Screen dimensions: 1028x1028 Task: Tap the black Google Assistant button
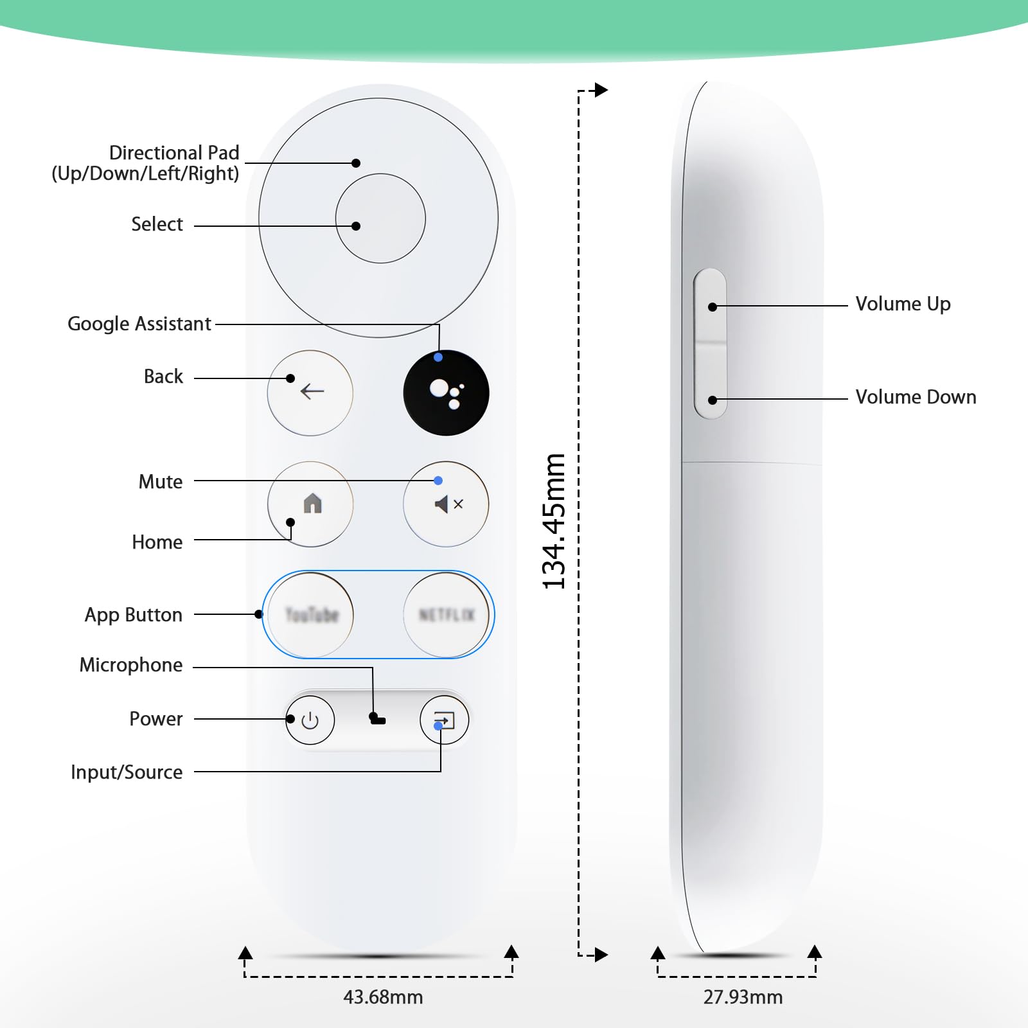coord(446,393)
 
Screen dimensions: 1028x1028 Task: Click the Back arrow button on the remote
coord(310,393)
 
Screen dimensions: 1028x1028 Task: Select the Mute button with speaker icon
coord(446,504)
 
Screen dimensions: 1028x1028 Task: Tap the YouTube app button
coord(311,615)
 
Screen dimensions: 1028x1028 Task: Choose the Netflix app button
coord(446,615)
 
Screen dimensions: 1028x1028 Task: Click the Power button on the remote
coord(310,720)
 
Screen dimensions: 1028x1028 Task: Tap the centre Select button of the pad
coord(380,218)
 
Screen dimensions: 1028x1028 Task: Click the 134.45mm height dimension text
coord(554,521)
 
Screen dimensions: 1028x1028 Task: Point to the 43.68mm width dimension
coord(383,997)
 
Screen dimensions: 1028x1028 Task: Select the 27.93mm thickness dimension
coord(743,997)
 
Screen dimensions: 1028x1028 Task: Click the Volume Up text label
coord(903,304)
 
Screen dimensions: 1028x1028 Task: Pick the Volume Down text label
coord(916,397)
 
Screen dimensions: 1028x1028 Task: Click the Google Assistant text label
coord(139,324)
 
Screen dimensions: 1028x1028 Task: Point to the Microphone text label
coord(131,665)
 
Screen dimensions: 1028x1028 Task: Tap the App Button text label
coord(134,615)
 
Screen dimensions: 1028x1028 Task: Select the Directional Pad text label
coord(173,153)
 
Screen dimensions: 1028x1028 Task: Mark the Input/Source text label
coord(127,772)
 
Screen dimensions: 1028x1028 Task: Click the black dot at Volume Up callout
coord(713,307)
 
